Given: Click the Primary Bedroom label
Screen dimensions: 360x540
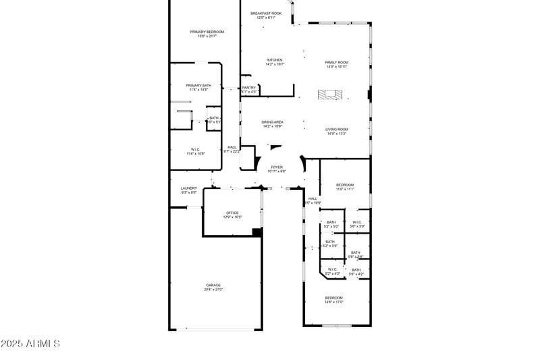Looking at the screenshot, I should point(207,32).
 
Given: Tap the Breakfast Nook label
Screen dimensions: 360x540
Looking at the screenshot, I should point(265,13).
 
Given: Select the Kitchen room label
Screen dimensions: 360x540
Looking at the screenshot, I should point(274,59).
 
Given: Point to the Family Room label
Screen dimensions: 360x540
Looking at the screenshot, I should point(336,62).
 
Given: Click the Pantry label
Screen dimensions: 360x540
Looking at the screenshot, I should point(249,87).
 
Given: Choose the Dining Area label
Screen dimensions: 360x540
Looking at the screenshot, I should point(272,122).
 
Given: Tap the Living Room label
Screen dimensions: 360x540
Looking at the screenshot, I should point(336,129).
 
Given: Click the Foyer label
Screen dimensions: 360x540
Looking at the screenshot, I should point(277,167).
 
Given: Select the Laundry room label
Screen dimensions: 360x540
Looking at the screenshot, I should point(188,188).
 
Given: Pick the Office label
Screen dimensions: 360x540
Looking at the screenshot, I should point(232,213).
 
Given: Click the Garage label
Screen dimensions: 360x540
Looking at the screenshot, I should point(213,285).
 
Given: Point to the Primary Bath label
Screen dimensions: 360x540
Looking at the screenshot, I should point(198,85).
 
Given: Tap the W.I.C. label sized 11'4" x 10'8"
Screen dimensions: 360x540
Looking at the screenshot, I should point(195,149).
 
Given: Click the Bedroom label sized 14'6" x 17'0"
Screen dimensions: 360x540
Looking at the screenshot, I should point(334,298).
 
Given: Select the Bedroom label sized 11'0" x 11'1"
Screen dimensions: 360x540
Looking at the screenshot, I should point(344,184).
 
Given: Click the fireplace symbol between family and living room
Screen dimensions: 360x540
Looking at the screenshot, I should point(331,95).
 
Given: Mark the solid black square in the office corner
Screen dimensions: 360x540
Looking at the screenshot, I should point(256,232).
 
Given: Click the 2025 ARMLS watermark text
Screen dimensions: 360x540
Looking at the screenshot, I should point(30,344).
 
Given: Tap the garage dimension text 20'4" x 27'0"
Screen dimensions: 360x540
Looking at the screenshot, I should point(213,289).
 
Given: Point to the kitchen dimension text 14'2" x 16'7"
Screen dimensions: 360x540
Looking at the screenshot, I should point(274,64).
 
